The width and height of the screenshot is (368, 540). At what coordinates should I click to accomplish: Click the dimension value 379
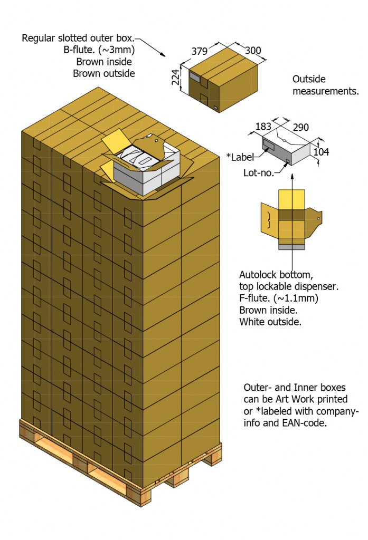200,52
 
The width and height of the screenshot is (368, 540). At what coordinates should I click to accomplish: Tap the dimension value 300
253,51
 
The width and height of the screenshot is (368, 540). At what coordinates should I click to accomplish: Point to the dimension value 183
263,127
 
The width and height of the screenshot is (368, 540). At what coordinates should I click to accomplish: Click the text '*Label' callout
240,156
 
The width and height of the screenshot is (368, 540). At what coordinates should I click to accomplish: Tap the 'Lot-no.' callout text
259,172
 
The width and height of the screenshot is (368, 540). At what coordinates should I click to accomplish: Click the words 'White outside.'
270,322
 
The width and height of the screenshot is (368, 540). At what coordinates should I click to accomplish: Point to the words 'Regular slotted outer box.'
78,38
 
